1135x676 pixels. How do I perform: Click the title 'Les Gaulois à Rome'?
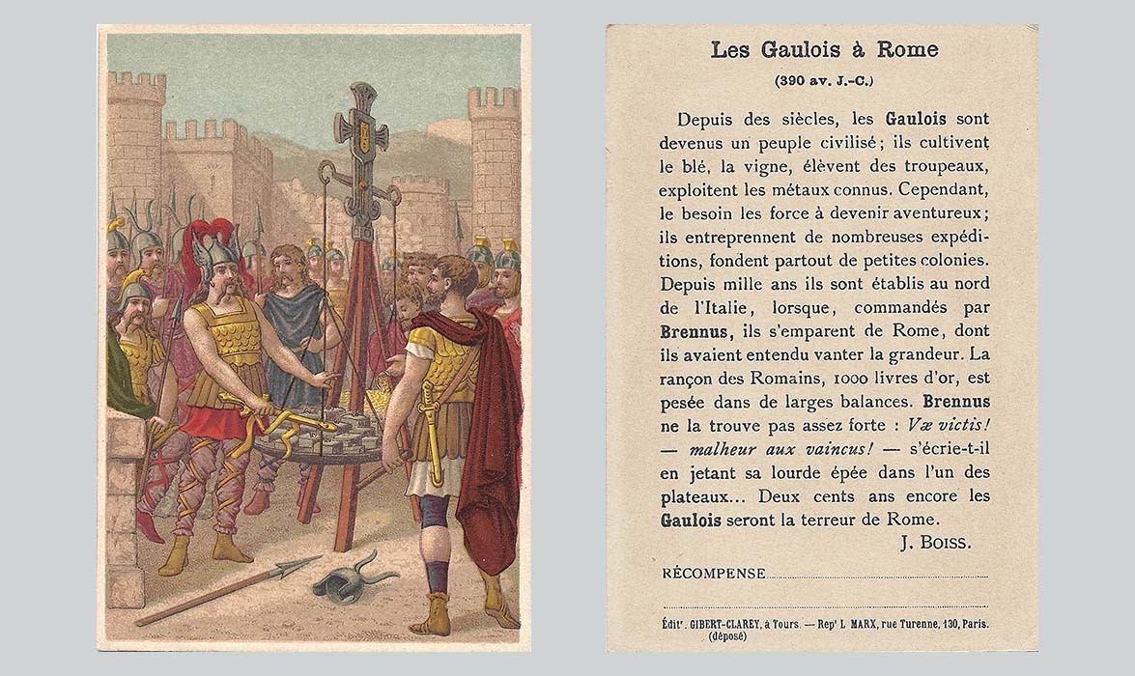tap(824, 50)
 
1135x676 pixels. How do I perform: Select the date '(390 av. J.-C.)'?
tap(824, 80)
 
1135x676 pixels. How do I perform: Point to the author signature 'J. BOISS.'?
tap(935, 543)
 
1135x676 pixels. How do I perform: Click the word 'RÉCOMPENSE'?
tap(714, 574)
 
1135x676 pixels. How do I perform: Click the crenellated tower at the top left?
tap(135, 135)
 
